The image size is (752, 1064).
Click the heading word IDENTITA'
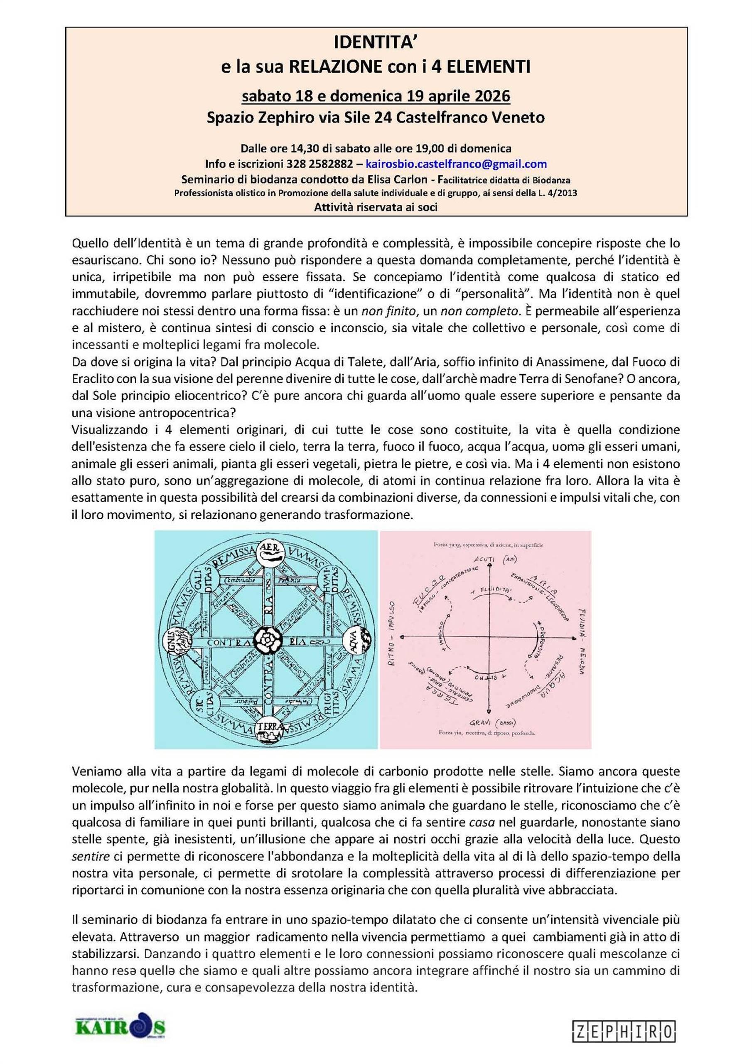(376, 44)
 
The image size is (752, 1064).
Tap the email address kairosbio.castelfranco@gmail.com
(456, 164)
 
